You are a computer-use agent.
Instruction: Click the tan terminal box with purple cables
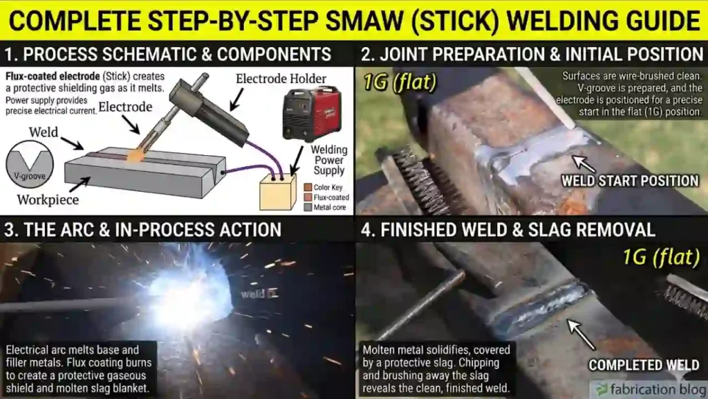pos(277,191)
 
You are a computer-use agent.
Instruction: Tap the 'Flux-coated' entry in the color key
pos(331,197)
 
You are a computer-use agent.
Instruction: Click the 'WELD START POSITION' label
pos(629,181)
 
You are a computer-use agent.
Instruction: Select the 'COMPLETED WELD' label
pos(644,364)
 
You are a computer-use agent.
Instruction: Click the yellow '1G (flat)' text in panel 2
pos(400,83)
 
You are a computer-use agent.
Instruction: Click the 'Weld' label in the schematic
pos(43,132)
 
